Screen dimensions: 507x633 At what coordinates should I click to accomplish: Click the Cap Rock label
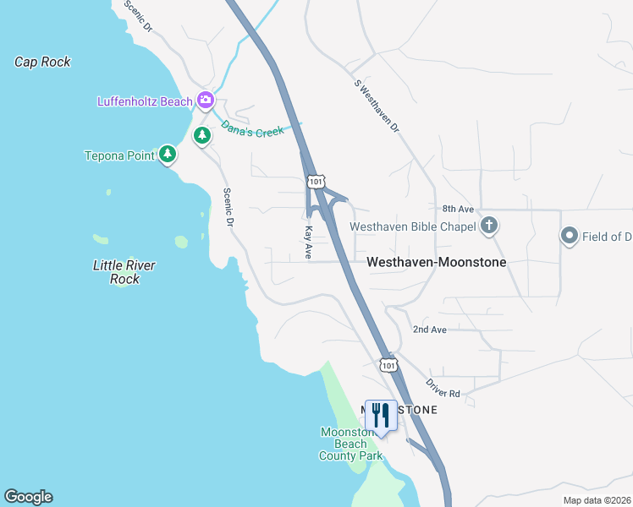[42, 62]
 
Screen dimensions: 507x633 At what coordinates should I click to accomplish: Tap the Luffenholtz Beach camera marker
[206, 101]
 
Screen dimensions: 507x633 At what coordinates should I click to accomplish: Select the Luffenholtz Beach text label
[146, 102]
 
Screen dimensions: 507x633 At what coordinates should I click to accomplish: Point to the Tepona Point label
[119, 155]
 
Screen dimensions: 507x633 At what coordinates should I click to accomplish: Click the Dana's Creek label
[252, 130]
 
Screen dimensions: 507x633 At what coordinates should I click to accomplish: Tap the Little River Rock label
[124, 272]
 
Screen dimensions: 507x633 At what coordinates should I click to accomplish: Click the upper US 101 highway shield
[316, 182]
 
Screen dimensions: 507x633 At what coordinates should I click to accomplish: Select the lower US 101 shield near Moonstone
[388, 365]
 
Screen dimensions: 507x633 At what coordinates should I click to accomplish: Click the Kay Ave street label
[309, 242]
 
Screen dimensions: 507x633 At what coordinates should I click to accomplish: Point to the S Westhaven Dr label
[377, 106]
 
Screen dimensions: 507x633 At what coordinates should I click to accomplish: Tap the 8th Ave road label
[458, 209]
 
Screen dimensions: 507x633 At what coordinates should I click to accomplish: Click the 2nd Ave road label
[429, 330]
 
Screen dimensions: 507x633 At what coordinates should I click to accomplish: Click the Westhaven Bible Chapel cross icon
[488, 226]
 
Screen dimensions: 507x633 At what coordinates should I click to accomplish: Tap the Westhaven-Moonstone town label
[436, 263]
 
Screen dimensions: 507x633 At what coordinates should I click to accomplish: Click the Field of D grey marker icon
[569, 237]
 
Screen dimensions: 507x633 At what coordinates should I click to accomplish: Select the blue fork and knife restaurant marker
[381, 416]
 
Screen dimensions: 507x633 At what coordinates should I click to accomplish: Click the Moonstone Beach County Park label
[350, 444]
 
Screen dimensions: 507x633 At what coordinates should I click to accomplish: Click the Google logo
[28, 497]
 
